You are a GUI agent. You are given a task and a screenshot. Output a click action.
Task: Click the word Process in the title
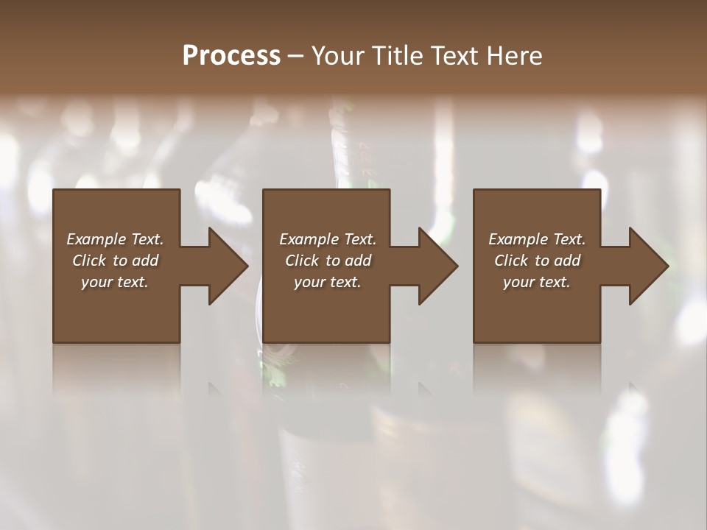click(x=231, y=56)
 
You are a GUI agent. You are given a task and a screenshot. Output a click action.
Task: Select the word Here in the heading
click(x=516, y=56)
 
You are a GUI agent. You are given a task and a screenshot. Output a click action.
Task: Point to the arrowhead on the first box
click(x=228, y=266)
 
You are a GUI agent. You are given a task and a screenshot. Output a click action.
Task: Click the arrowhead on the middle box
click(x=437, y=266)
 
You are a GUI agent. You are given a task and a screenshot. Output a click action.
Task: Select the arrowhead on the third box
click(x=648, y=266)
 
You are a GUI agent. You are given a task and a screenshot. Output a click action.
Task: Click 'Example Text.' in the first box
click(x=115, y=239)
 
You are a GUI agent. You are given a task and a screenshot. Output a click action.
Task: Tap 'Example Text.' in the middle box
click(x=328, y=239)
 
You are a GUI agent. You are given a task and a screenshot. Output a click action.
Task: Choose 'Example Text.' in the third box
click(x=537, y=239)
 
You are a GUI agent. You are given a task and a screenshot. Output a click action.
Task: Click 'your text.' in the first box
click(x=115, y=282)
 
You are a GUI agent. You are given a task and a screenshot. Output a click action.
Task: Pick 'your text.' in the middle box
click(x=328, y=282)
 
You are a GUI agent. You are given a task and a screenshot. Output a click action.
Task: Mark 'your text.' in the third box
click(x=537, y=282)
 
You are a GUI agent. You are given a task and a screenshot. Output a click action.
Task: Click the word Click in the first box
click(x=89, y=261)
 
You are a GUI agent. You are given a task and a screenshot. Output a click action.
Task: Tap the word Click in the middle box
click(x=302, y=261)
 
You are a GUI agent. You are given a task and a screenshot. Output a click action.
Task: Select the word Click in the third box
click(x=511, y=261)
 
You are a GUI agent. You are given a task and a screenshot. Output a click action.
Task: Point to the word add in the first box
click(x=144, y=261)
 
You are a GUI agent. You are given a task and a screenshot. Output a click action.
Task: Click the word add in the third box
click(x=566, y=261)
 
